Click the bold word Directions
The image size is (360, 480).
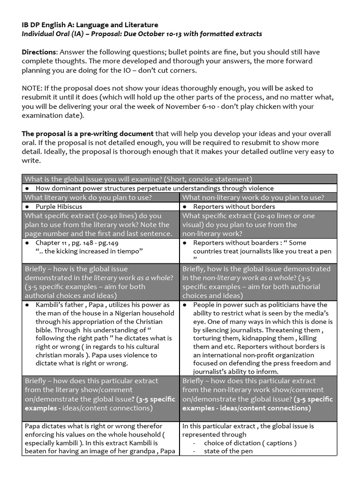coord(39,52)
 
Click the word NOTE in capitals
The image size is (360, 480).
coord(33,88)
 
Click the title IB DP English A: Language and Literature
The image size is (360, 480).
coord(90,25)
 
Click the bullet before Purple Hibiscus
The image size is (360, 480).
coord(28,206)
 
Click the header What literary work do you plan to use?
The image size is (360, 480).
coord(88,197)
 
